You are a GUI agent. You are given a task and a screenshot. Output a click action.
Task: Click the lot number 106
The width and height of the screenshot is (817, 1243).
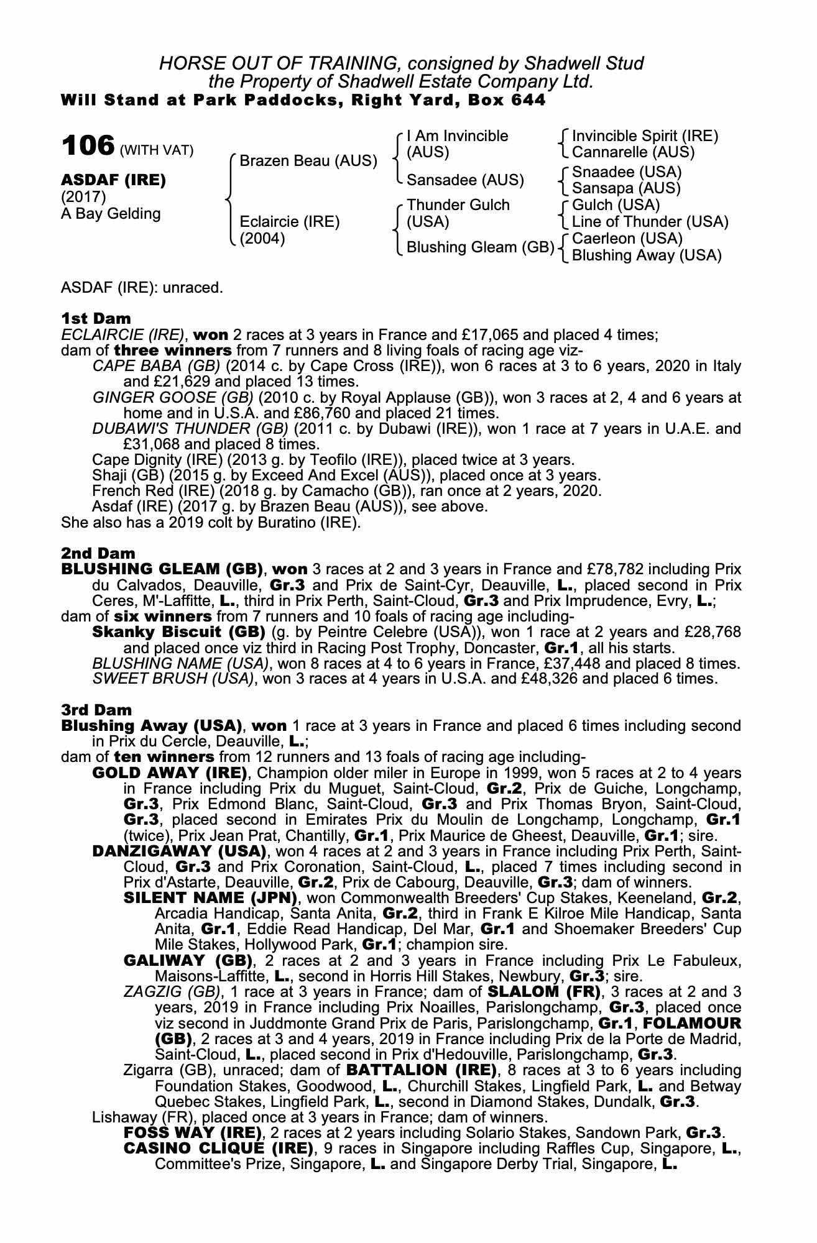click(88, 147)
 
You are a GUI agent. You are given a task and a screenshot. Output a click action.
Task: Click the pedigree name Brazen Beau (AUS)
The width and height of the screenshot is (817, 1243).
click(308, 161)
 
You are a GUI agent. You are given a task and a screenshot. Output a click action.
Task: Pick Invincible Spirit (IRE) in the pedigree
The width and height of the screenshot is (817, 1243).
click(645, 136)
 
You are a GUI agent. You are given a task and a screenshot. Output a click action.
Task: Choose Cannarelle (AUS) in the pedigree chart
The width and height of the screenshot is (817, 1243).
click(633, 152)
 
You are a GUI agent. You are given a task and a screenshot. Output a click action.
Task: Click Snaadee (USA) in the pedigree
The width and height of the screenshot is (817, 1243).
click(627, 172)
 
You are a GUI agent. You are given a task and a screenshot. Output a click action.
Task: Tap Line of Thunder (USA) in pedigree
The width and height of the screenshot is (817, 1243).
click(650, 222)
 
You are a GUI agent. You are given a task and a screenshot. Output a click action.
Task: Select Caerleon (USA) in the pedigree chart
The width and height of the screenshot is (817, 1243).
click(627, 239)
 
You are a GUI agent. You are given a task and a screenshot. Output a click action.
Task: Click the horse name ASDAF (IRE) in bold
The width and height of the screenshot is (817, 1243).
click(113, 180)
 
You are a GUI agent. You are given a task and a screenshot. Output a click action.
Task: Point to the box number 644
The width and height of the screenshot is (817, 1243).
click(529, 99)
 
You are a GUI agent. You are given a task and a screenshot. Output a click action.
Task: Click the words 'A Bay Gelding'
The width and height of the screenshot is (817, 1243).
click(111, 214)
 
